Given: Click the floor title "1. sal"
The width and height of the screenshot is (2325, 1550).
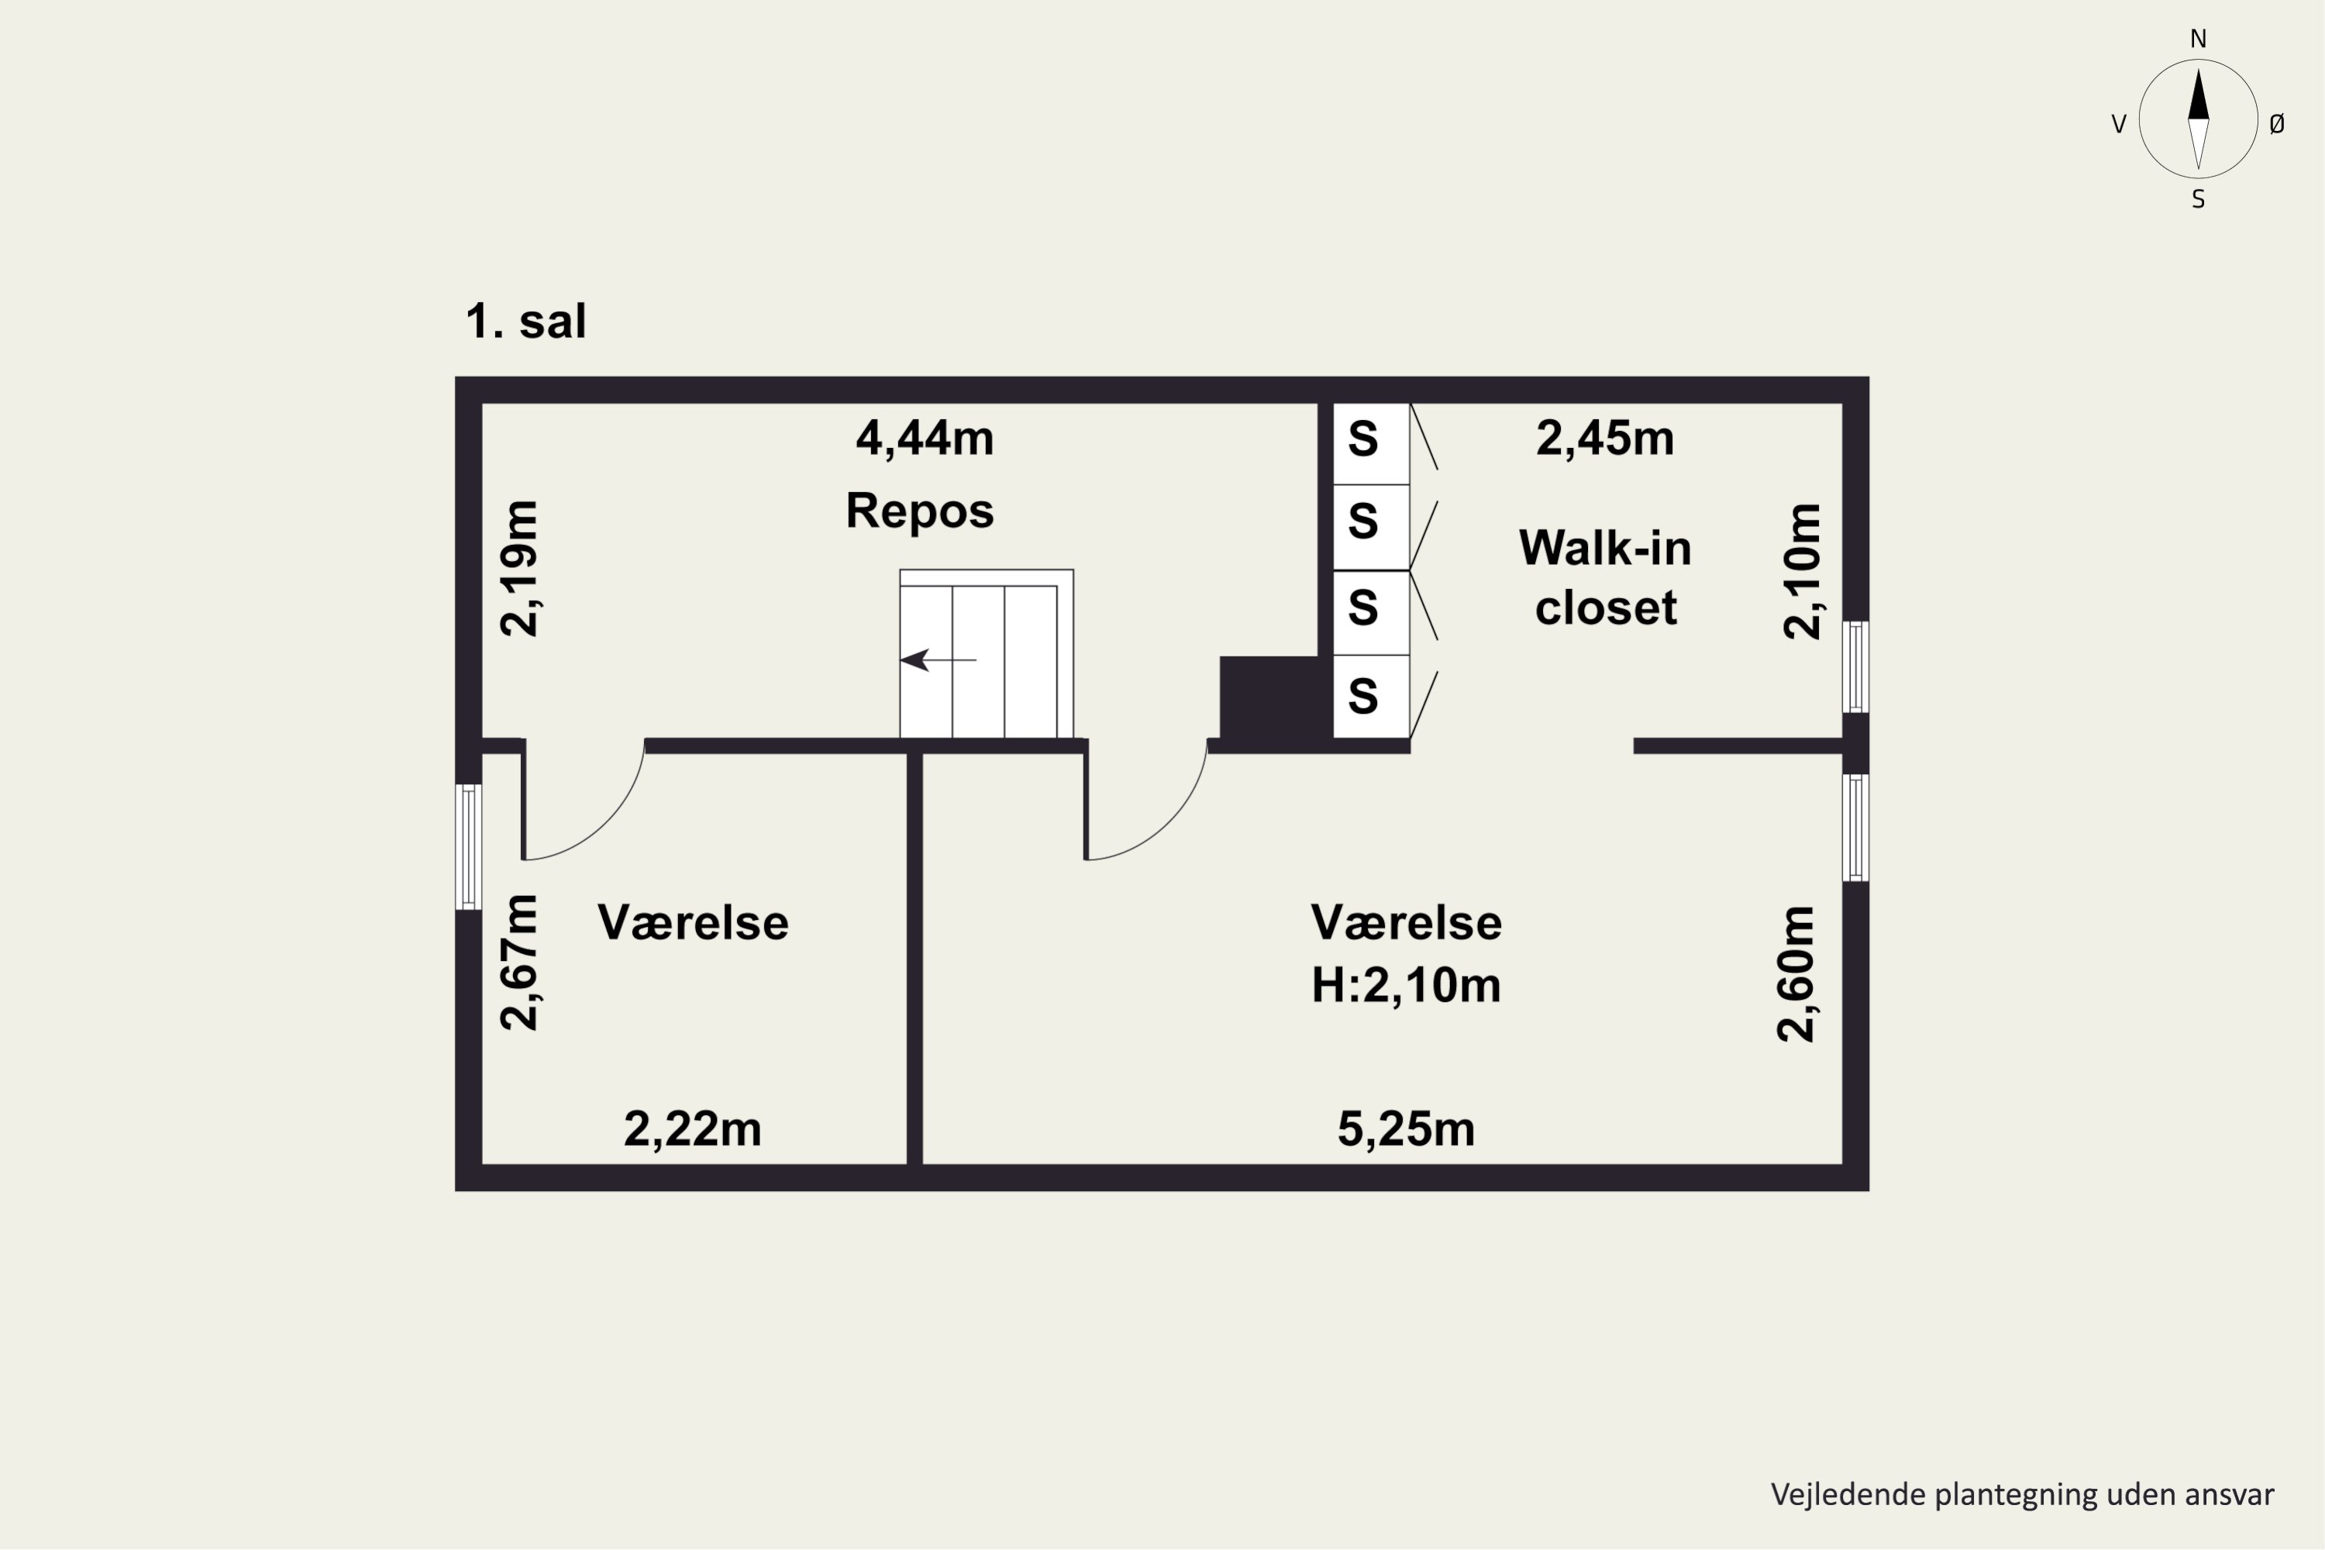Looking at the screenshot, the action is (x=526, y=322).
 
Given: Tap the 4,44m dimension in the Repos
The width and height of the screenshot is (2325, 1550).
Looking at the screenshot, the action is (x=925, y=438).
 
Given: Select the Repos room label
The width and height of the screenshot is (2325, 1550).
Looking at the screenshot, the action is (x=919, y=511).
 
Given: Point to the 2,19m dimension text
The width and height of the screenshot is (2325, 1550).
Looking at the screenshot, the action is (x=519, y=568).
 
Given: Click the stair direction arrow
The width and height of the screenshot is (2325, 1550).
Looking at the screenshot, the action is (x=938, y=660).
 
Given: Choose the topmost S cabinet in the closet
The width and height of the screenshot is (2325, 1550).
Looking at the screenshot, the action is (x=1371, y=444).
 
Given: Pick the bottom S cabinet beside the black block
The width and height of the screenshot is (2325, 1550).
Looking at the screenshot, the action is (x=1371, y=696).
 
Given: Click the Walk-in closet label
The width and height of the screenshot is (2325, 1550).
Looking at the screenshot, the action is (x=1605, y=577).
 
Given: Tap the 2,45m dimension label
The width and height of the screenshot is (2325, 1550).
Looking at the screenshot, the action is (x=1604, y=438).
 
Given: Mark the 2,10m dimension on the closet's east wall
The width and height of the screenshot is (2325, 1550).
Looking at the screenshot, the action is (x=1801, y=571).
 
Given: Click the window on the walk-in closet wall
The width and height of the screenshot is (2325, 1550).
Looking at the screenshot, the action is (x=1855, y=666).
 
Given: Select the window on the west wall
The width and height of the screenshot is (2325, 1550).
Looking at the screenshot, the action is (x=469, y=846).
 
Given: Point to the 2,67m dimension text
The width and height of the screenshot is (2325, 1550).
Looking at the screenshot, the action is (x=519, y=962).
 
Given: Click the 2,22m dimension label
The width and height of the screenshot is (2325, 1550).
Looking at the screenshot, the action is (x=692, y=1129).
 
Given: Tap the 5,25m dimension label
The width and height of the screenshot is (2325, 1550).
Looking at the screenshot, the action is (x=1406, y=1129).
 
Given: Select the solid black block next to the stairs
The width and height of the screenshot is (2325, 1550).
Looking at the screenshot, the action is (x=1269, y=697).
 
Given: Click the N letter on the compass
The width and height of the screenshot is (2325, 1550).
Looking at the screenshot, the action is (x=2199, y=39).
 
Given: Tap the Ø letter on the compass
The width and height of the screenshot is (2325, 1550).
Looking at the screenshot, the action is (x=2278, y=123).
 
